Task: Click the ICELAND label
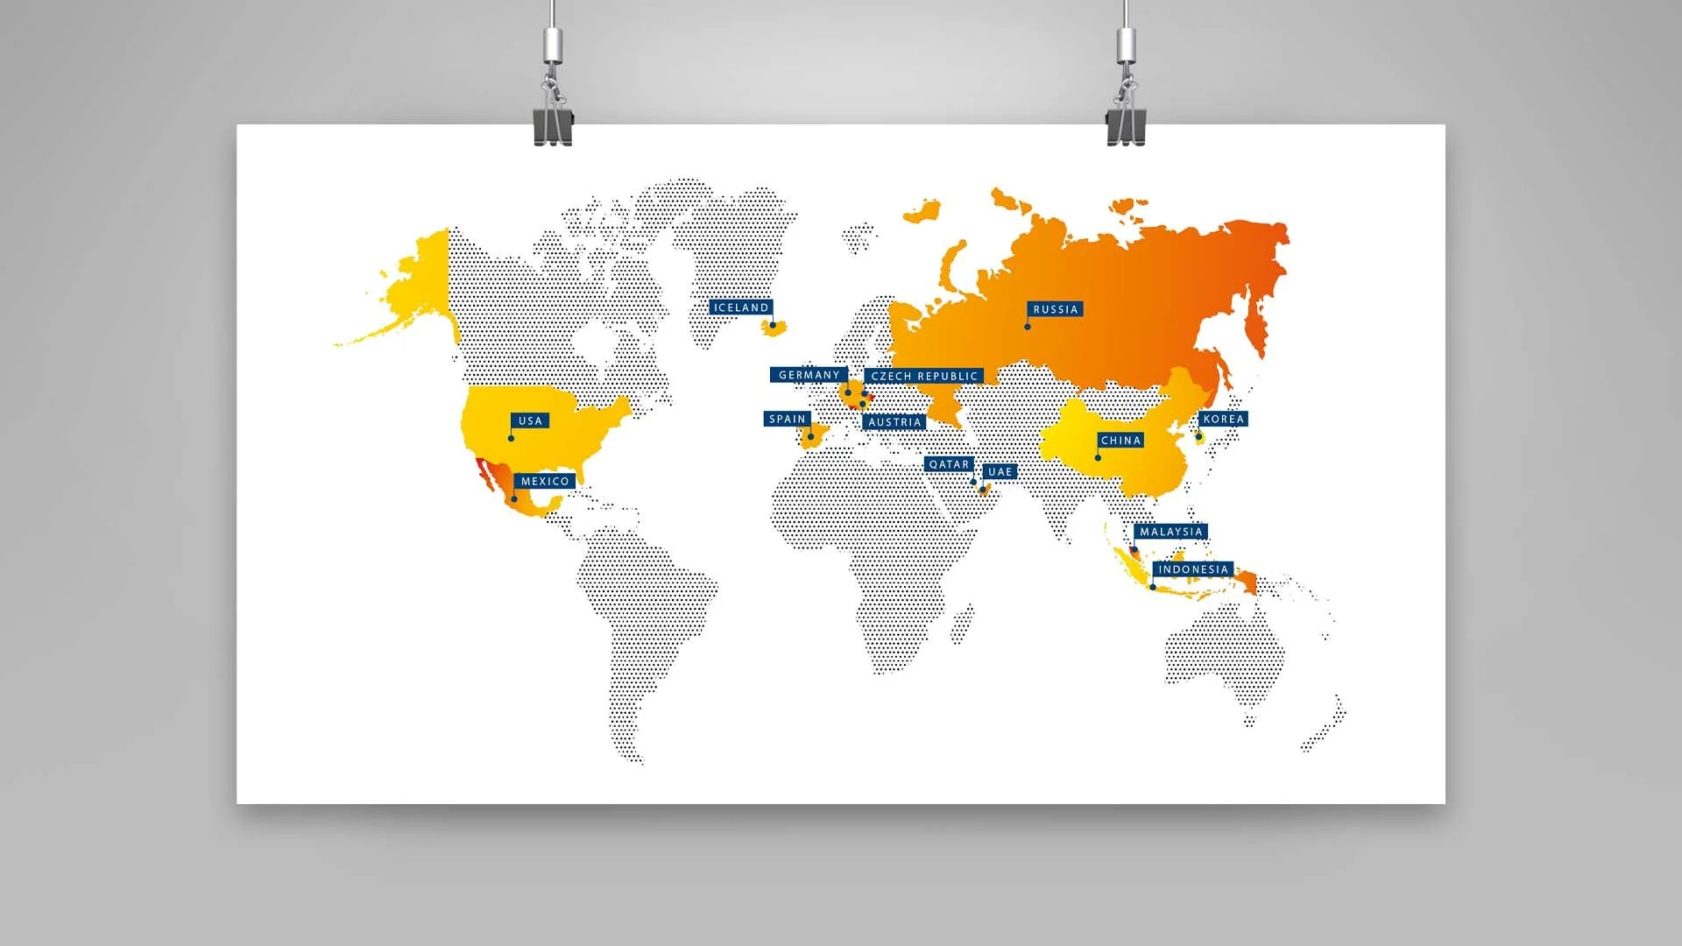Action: tap(741, 307)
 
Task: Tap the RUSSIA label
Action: tap(1055, 309)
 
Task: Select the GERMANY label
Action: tap(809, 375)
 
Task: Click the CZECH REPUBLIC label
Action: tap(923, 376)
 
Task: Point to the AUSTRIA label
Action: tap(894, 422)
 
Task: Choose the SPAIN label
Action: tap(787, 419)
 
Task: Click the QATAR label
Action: tap(949, 464)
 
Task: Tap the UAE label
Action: tap(1000, 471)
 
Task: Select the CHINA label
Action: tap(1120, 441)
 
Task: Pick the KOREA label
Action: tap(1223, 419)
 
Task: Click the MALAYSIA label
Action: tap(1170, 532)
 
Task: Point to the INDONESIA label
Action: tap(1192, 569)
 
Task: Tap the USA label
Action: tap(530, 420)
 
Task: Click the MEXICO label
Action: tap(545, 481)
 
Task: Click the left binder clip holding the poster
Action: tap(553, 124)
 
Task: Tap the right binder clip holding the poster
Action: tap(1125, 124)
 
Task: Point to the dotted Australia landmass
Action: tap(1226, 648)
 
